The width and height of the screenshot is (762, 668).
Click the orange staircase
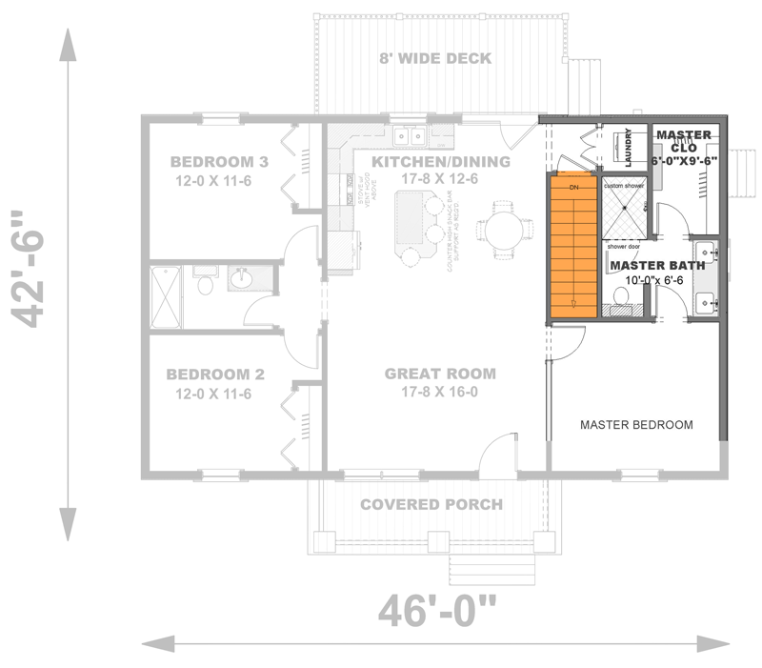point(571,246)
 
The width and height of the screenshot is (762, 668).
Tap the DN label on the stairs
point(573,188)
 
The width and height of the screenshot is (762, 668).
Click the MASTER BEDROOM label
point(636,424)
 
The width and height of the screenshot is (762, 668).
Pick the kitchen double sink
point(411,135)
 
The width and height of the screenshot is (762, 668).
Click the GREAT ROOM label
point(440,373)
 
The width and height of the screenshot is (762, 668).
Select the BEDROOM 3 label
point(220,162)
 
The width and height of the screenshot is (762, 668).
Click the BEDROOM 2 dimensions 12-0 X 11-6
point(212,393)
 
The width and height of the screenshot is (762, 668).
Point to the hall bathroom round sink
point(241,279)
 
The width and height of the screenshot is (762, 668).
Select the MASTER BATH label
point(657,265)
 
